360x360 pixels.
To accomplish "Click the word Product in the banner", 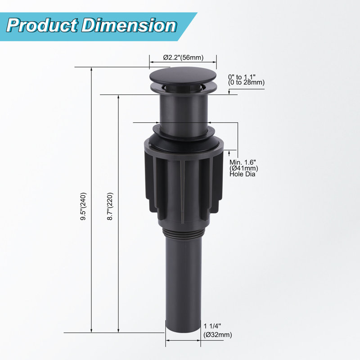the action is point(42,25).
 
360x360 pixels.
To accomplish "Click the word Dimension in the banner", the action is point(129,25).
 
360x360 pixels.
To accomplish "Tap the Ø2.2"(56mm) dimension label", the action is point(183,58).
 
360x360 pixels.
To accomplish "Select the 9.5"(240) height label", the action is point(83,207).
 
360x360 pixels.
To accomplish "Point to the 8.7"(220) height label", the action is point(110,207).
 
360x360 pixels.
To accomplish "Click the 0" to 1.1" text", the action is point(242,76).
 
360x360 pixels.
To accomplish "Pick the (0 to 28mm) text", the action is point(246,82).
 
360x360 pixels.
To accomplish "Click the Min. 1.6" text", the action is point(243,162).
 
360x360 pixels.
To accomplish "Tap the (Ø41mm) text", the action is point(244,168).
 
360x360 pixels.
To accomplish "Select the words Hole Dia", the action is point(243,174).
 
